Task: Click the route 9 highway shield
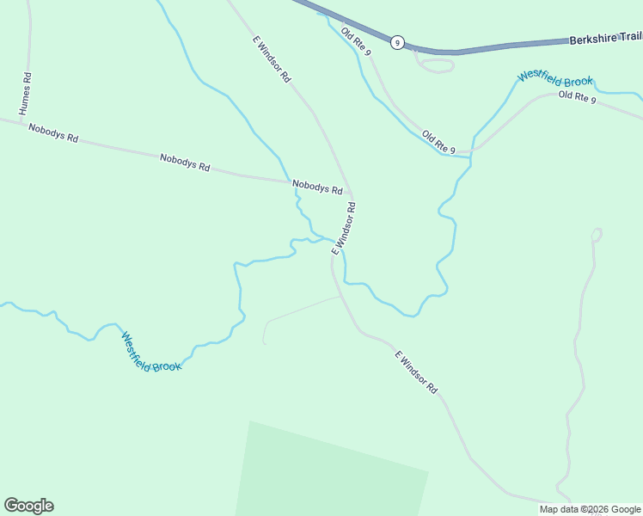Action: coord(397,42)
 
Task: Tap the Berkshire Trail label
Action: coord(605,39)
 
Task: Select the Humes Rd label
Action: coord(26,94)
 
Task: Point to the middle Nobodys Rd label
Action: coord(185,162)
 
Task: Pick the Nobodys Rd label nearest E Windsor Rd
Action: coord(317,186)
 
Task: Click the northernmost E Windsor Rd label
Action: coord(272,59)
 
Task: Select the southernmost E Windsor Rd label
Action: coord(417,372)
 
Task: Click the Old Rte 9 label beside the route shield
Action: coord(356,41)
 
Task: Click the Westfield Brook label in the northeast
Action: coord(554,77)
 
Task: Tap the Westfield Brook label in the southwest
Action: coord(151,353)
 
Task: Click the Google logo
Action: coord(28,506)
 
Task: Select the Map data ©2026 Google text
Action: coord(590,509)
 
